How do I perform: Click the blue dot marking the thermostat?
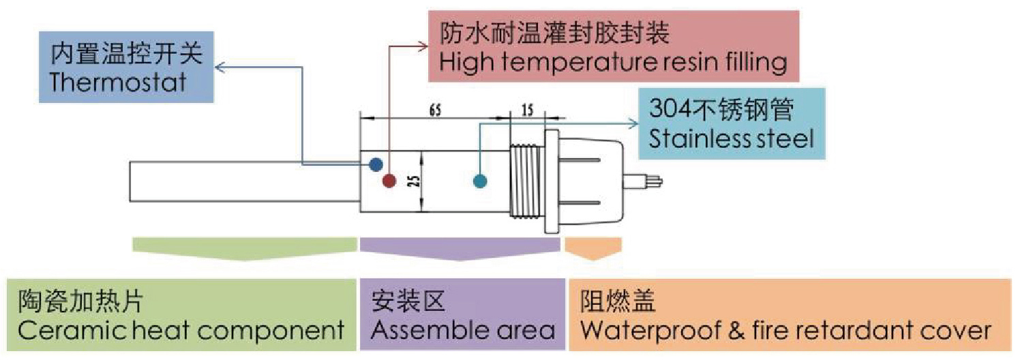(x=375, y=164)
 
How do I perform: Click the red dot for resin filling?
(x=389, y=181)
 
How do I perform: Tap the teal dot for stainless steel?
(x=480, y=181)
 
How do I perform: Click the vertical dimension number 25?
(x=415, y=180)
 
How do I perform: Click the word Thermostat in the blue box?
(x=118, y=82)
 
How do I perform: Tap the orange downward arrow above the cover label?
(x=593, y=249)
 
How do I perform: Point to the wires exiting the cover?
(x=650, y=181)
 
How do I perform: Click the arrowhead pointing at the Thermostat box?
(x=220, y=67)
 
